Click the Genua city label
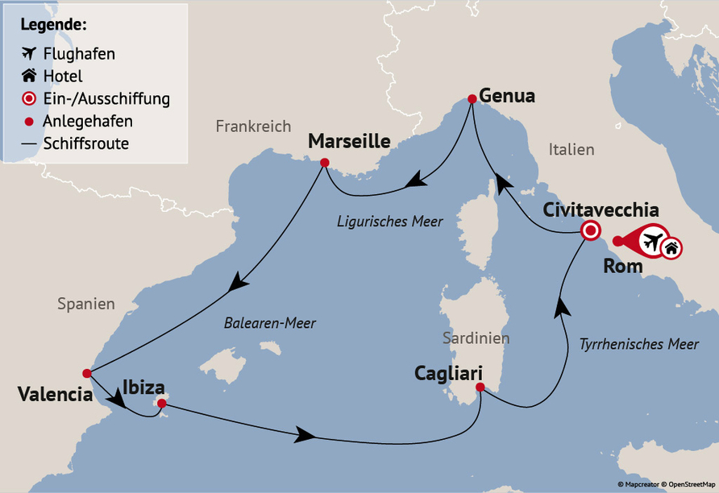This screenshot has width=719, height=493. click(506, 96)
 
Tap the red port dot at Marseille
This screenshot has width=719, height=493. click(324, 163)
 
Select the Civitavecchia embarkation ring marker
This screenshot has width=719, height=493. click(590, 231)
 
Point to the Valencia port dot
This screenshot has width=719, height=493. click(86, 373)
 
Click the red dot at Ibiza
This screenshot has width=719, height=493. click(161, 403)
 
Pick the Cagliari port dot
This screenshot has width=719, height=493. click(480, 387)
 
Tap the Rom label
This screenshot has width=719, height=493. click(622, 267)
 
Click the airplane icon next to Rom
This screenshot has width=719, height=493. click(652, 240)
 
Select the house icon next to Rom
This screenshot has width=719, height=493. click(671, 248)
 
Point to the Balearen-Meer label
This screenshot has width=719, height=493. click(269, 323)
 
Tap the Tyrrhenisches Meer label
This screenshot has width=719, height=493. click(638, 344)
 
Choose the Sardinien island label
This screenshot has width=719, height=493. click(476, 338)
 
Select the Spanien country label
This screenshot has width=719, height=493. click(85, 304)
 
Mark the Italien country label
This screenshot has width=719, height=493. click(571, 149)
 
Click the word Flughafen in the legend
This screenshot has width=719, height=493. click(79, 55)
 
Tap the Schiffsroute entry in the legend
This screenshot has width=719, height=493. click(87, 143)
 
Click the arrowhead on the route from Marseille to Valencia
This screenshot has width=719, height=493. click(236, 283)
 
